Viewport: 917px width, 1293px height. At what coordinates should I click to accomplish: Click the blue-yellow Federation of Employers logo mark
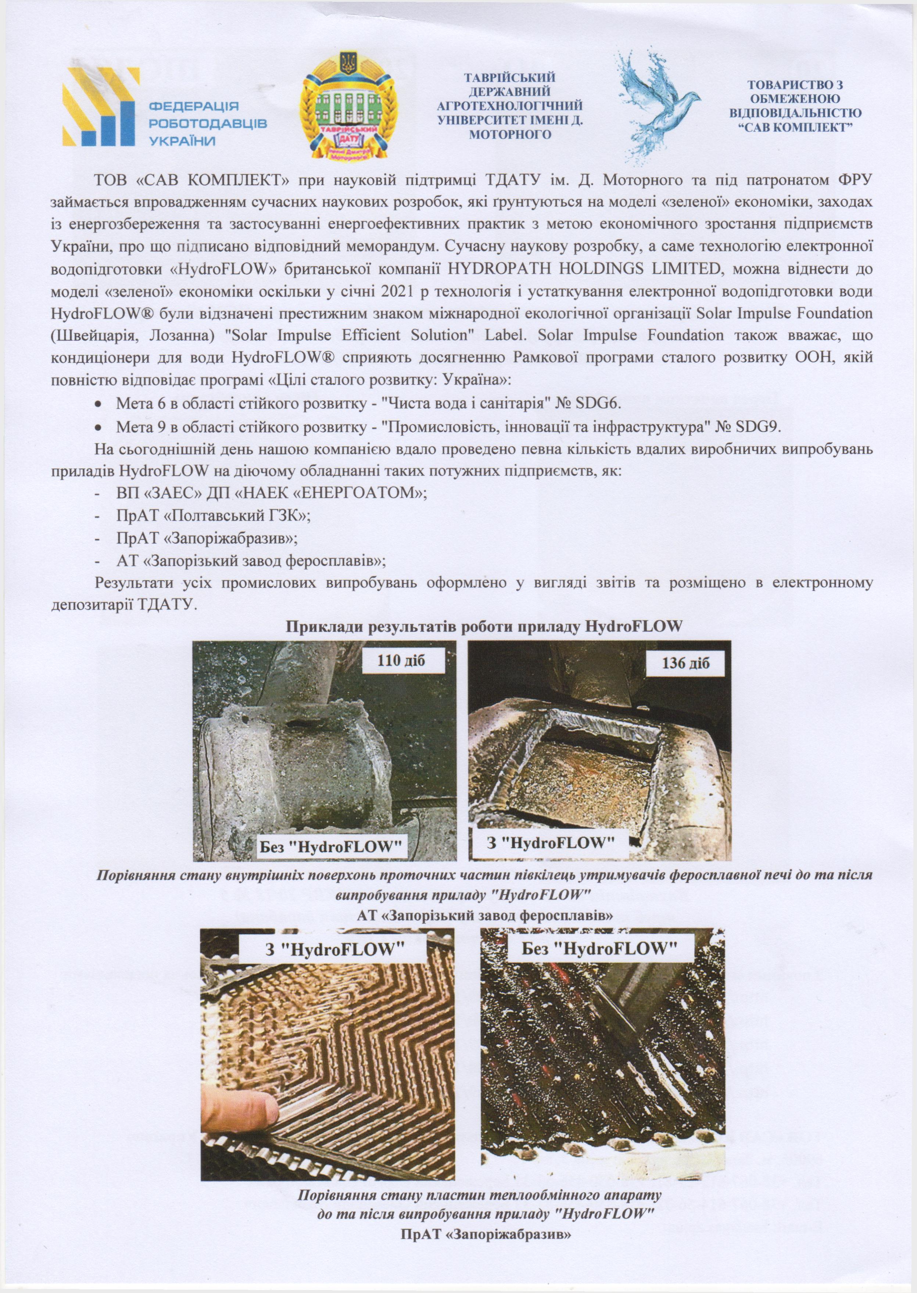pyautogui.click(x=100, y=107)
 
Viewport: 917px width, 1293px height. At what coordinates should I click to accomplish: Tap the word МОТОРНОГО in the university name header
pyautogui.click(x=510, y=135)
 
